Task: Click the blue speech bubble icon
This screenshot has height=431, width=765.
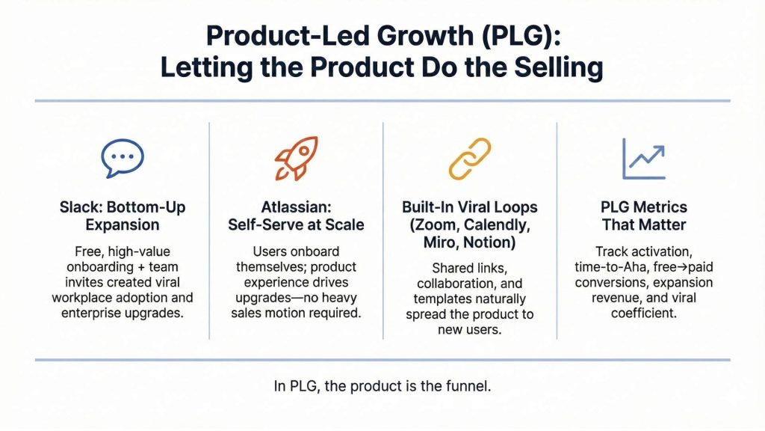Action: click(x=123, y=157)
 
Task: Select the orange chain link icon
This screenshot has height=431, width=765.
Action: click(x=469, y=158)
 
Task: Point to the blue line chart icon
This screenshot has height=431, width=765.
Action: click(x=643, y=158)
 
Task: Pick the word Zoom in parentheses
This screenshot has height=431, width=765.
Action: click(x=437, y=224)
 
